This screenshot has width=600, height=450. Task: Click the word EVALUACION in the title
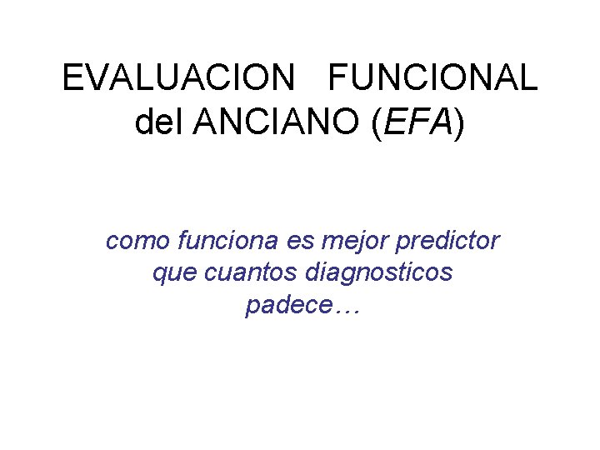[x=178, y=79]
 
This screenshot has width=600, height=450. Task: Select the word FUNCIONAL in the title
[x=433, y=79]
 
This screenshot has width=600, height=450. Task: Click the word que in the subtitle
[x=169, y=273]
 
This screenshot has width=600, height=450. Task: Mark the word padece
[x=287, y=306]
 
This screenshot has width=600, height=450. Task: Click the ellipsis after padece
[x=344, y=308]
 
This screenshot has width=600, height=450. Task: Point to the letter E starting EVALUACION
[x=72, y=79]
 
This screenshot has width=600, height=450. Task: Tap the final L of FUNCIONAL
[x=528, y=79]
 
